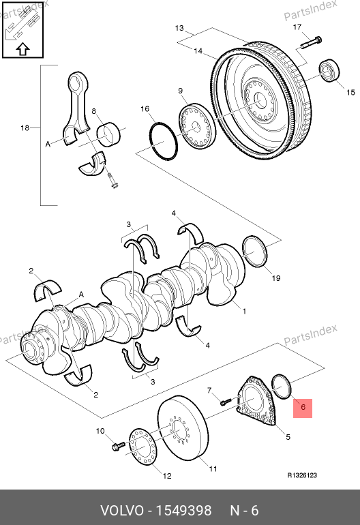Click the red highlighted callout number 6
[x=303, y=408]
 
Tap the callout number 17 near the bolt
[x=297, y=27]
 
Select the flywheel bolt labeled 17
[x=312, y=42]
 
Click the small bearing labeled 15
[x=329, y=70]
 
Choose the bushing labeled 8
[x=109, y=134]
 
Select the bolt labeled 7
[x=226, y=401]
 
